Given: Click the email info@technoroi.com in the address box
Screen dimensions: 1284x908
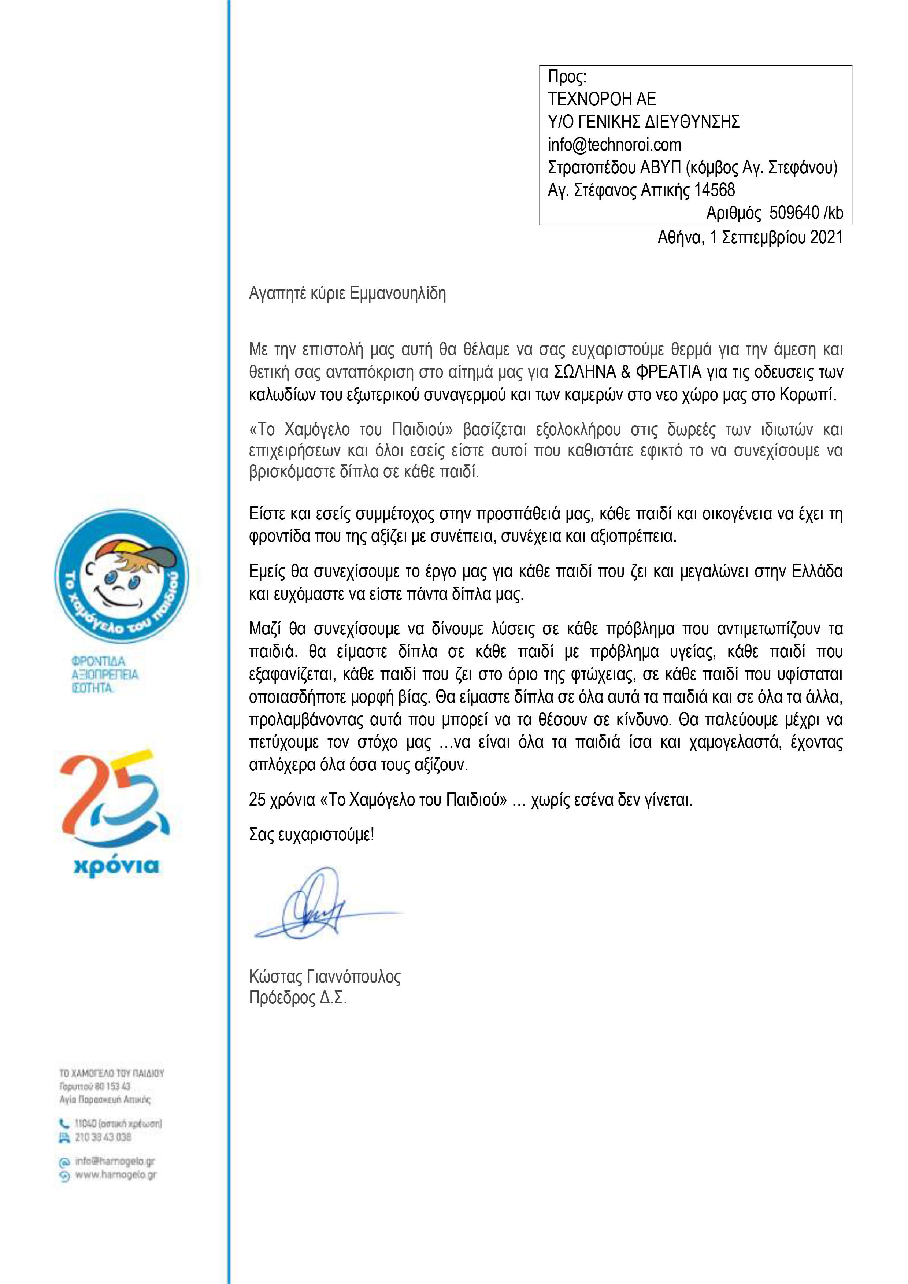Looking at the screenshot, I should click(x=614, y=145).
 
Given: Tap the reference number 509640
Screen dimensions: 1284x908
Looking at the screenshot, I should click(x=794, y=213).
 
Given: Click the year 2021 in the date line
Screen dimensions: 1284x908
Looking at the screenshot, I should click(x=826, y=238).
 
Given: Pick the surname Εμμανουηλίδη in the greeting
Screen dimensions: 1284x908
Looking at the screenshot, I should click(x=397, y=293).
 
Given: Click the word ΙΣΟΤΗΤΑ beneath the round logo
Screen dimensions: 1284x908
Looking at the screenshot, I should click(x=92, y=688).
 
